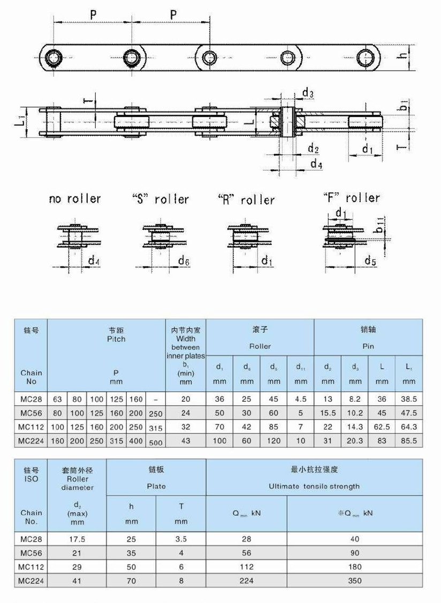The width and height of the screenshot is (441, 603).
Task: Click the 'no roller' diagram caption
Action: (74, 199)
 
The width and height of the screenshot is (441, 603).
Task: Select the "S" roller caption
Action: (161, 200)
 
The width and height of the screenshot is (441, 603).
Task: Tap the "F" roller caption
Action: (352, 198)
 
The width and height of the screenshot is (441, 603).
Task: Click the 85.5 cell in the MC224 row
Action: (409, 440)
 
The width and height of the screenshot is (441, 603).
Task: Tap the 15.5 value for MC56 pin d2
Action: (328, 413)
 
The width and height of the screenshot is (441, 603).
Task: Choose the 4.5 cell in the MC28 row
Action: (301, 399)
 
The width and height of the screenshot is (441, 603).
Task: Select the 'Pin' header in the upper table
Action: (368, 346)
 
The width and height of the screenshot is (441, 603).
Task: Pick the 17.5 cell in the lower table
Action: (77, 539)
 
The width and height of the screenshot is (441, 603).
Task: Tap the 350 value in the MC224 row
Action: (354, 581)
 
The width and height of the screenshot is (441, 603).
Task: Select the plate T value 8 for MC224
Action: (181, 581)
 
